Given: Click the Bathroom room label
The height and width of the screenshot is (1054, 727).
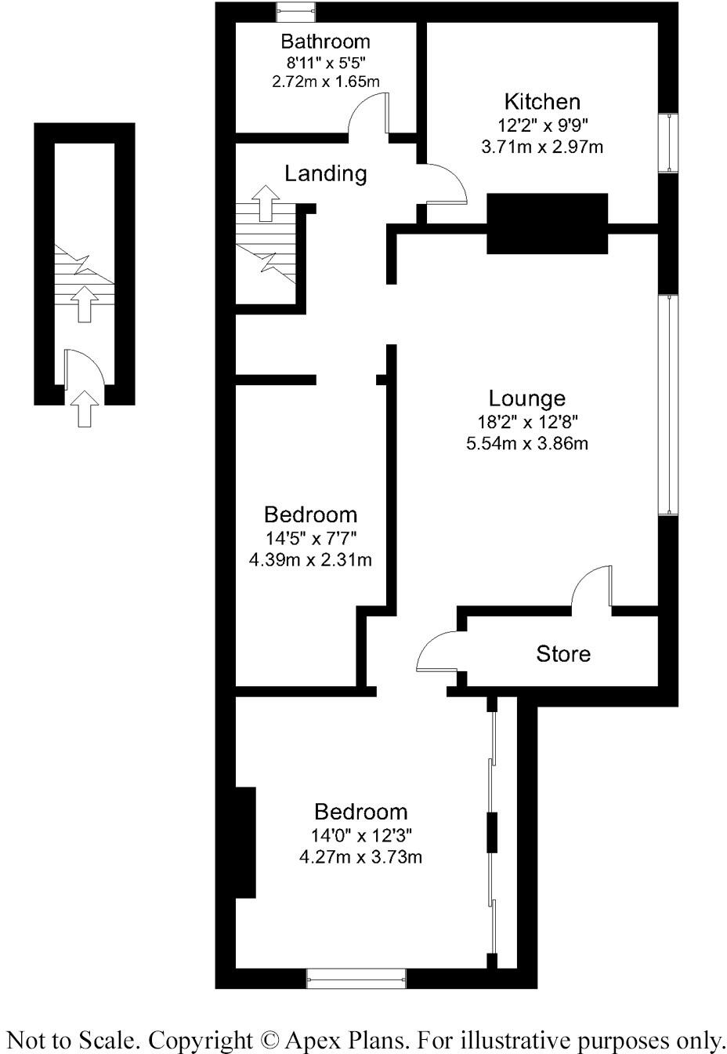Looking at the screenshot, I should click(x=325, y=42).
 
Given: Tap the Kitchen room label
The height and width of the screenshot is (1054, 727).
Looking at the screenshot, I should click(x=542, y=102).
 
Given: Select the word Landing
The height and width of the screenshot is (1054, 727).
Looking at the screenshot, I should click(x=325, y=173).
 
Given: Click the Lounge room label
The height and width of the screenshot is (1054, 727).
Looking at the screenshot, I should click(x=526, y=399).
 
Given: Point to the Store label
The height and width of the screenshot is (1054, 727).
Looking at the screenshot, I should click(x=562, y=654).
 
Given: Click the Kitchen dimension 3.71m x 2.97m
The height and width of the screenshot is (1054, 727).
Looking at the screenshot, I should click(x=542, y=147).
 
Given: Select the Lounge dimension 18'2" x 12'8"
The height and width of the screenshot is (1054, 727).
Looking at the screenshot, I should click(x=526, y=422).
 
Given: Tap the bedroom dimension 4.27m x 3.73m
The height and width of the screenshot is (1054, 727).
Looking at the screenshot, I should click(x=360, y=857).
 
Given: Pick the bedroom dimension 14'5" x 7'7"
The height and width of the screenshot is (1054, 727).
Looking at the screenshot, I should click(x=310, y=538).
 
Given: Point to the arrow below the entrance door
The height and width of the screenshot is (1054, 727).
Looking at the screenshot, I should click(x=85, y=409).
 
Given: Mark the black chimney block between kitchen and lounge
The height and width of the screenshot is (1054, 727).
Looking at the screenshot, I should click(x=548, y=224).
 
